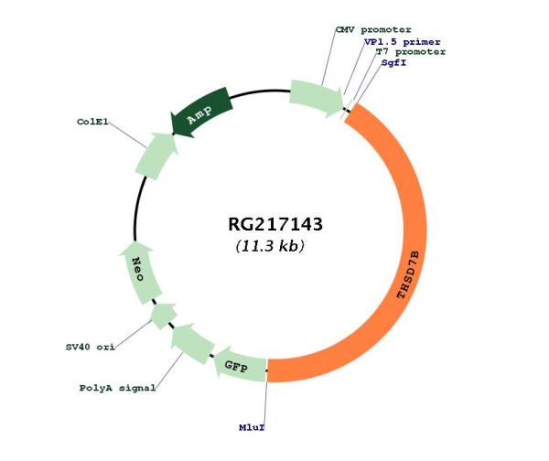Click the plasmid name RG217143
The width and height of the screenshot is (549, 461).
point(275,224)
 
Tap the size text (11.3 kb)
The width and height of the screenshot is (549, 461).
point(270,246)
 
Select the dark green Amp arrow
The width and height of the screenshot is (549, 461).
point(200,112)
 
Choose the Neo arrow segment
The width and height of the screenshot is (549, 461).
point(139,272)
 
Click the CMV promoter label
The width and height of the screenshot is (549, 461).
point(373,30)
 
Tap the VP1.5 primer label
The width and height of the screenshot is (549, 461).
point(403,42)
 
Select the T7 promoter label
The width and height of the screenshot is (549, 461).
point(410,52)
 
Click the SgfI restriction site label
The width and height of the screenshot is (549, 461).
point(393,63)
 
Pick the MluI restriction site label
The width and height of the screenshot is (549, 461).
point(252,427)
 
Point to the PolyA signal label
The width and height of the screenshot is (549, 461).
point(118,388)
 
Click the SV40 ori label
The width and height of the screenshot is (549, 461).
point(91,348)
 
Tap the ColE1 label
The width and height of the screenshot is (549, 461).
point(92,122)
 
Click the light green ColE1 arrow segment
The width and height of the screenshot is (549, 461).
point(156,155)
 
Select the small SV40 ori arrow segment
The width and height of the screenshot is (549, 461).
point(163,316)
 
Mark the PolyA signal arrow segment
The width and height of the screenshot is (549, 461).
point(192,343)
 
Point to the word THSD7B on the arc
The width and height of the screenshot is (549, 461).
point(408,274)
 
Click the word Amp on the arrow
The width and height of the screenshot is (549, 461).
point(199,114)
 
